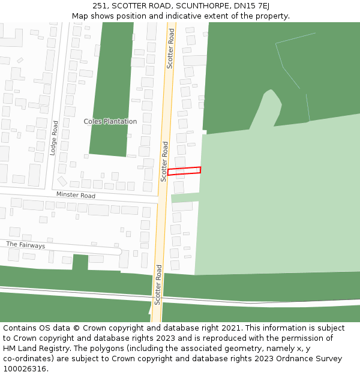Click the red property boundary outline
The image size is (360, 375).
184,171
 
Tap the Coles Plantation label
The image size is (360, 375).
110,122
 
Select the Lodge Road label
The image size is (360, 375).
54,139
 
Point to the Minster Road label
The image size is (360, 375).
76,196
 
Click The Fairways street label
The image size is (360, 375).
25,245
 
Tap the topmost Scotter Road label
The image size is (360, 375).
170,49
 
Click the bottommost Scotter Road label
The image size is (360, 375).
158,284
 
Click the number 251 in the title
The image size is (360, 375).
100,5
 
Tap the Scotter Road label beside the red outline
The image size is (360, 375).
164,161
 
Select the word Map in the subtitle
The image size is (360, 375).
80,16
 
